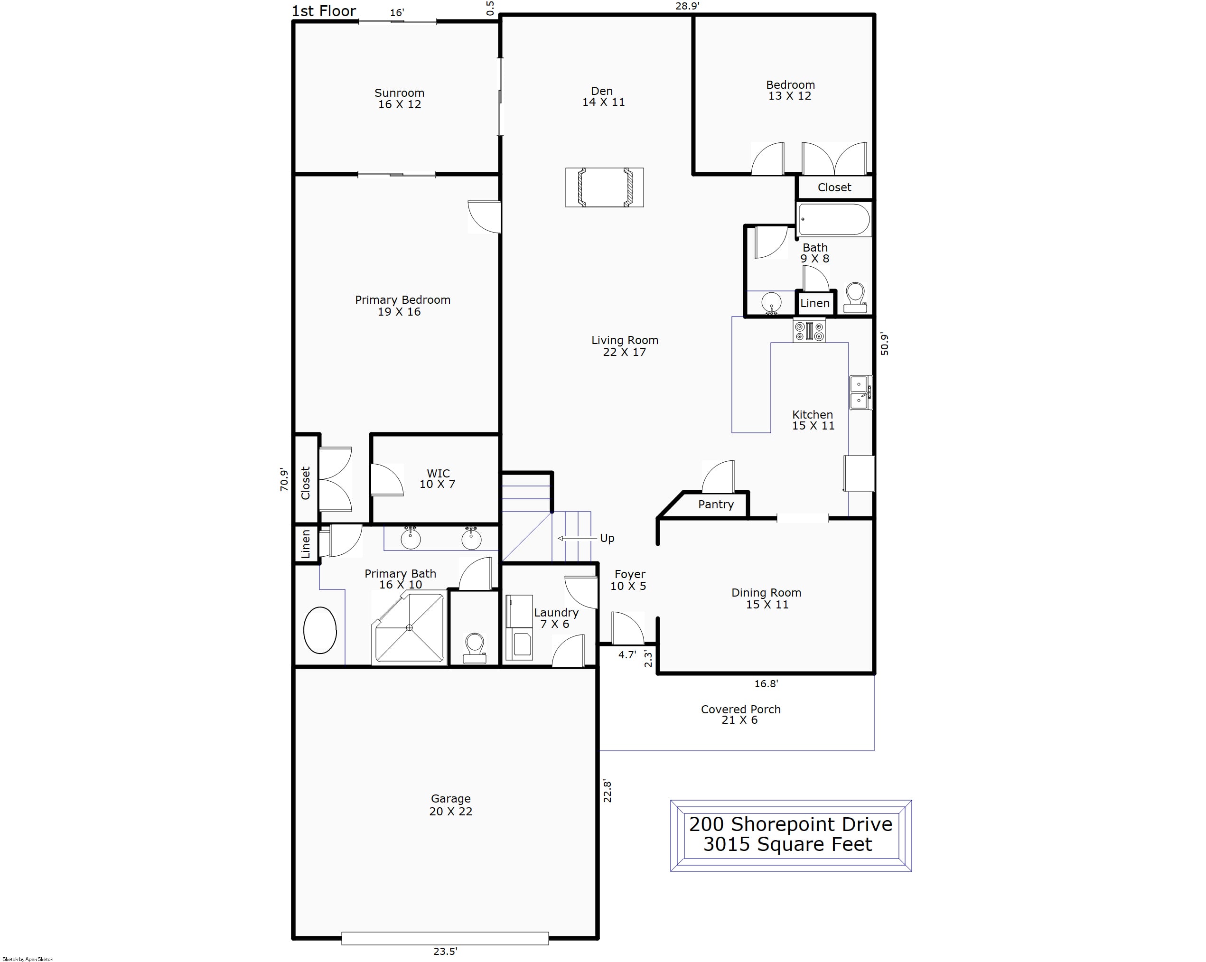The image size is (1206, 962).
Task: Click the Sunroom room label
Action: coord(400,93)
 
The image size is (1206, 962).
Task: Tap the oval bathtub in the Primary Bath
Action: coord(320,630)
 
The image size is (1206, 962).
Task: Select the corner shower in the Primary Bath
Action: coord(410,627)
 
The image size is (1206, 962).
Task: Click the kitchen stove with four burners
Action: coord(809,330)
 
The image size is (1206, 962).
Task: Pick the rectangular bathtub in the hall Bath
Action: coord(834,219)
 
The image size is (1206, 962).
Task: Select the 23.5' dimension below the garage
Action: coord(445,951)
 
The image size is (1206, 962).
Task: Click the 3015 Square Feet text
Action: coord(787,844)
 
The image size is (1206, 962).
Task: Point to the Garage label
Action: coord(451,799)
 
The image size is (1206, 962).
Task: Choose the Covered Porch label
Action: coord(740,709)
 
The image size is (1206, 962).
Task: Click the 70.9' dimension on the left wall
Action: coord(285,480)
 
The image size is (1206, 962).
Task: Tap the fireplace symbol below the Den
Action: coord(605,187)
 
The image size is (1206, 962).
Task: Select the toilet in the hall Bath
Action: coord(855,298)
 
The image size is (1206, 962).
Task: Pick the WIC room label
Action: coord(438,473)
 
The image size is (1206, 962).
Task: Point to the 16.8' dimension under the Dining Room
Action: coord(766,683)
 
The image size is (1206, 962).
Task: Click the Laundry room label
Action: coord(556,612)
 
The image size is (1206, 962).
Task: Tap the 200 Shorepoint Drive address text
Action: coord(790,824)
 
